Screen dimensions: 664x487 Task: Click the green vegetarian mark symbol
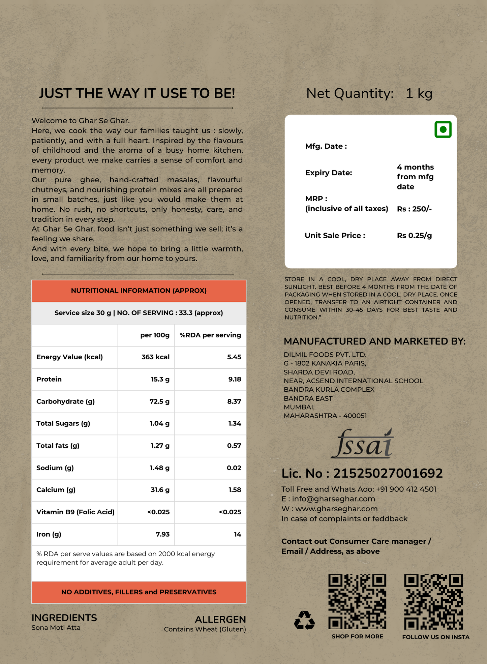(443, 129)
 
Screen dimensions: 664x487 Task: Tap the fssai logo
(362, 444)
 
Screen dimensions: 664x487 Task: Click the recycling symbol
(304, 621)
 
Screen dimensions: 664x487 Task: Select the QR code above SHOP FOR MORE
(357, 602)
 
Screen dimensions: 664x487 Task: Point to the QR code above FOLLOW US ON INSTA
(433, 602)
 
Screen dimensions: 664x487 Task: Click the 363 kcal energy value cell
(155, 357)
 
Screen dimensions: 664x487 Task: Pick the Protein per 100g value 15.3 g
(160, 379)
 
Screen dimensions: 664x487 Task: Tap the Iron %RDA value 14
(237, 534)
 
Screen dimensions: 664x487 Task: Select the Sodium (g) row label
(55, 468)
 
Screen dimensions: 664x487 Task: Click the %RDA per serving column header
(210, 335)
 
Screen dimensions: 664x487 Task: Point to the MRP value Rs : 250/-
(414, 209)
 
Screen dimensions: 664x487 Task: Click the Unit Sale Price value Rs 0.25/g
(414, 236)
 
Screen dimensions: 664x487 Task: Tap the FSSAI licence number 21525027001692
(388, 474)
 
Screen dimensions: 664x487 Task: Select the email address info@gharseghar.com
(333, 499)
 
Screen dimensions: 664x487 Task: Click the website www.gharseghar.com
(336, 509)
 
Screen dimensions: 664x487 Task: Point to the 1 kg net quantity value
(419, 93)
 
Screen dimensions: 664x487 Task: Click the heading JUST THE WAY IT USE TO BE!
(137, 93)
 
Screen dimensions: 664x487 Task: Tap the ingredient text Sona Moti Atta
(56, 628)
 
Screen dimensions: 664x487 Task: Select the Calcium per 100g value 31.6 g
(160, 490)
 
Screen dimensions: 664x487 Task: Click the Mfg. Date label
(326, 146)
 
